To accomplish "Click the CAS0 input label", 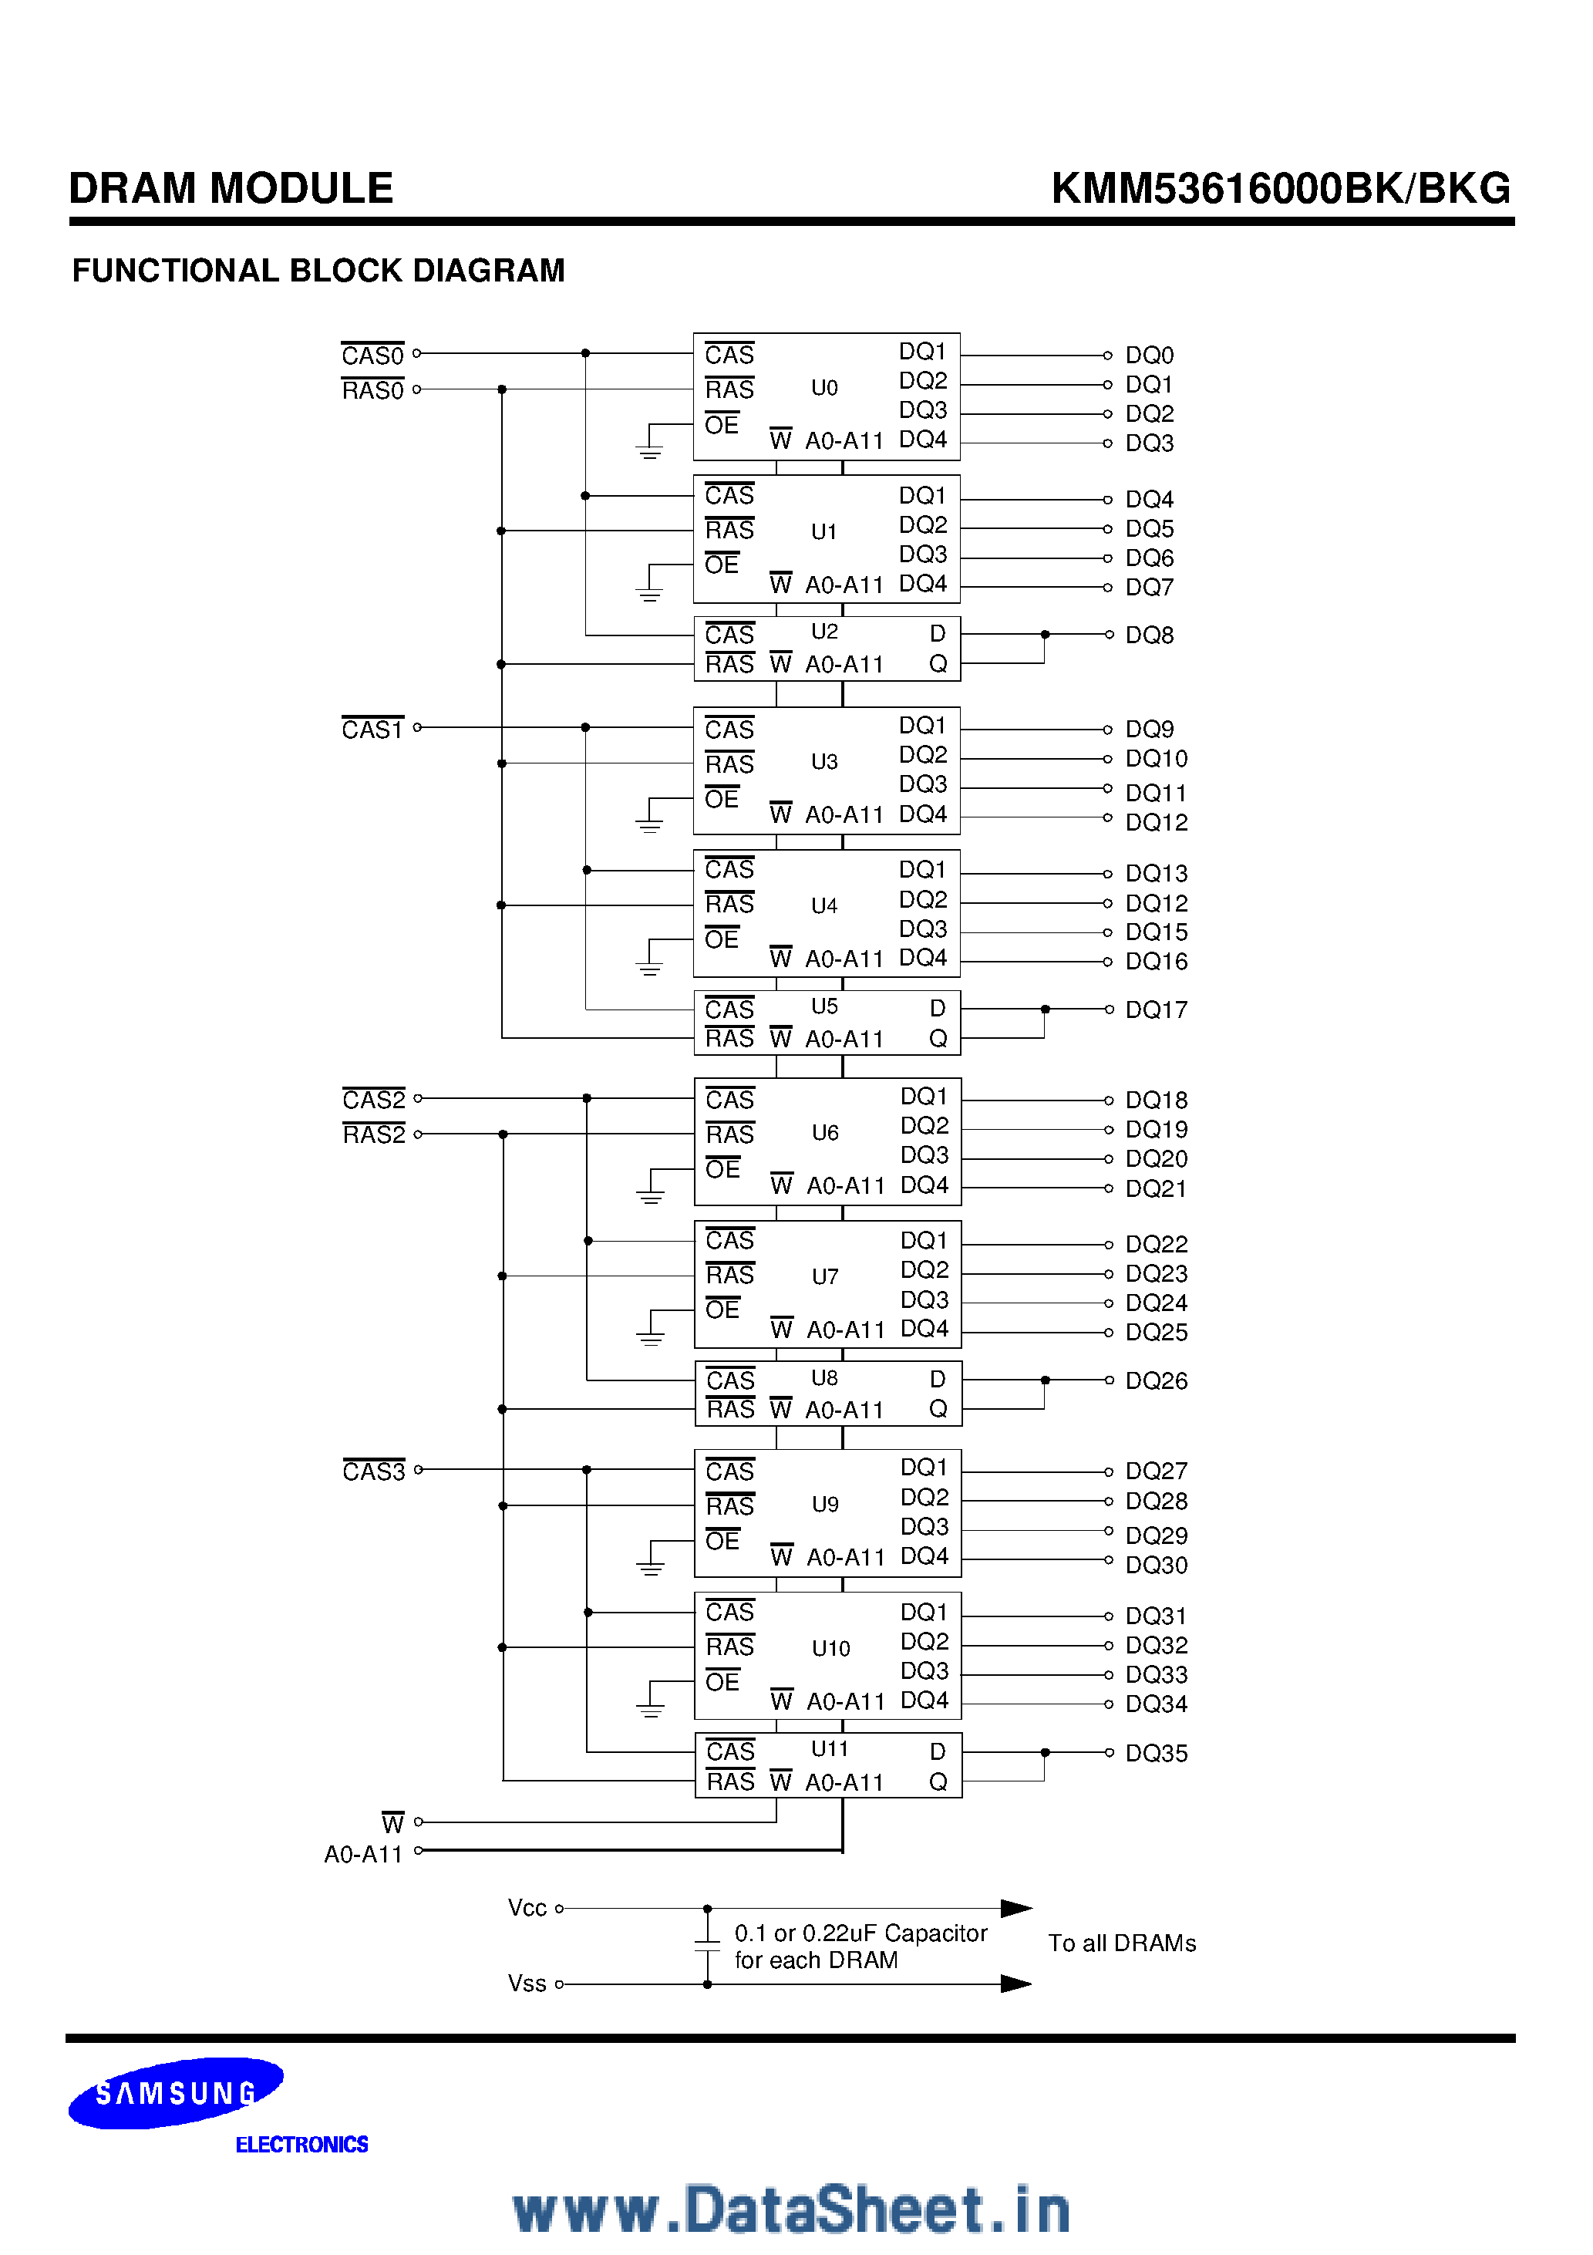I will pyautogui.click(x=372, y=355).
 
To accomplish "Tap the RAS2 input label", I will pyautogui.click(x=373, y=1134).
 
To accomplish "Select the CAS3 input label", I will pyautogui.click(x=373, y=1471).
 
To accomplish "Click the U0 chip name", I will pyautogui.click(x=824, y=388).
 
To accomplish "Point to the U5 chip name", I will pyautogui.click(x=824, y=1006).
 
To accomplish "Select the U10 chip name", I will pyautogui.click(x=830, y=1649).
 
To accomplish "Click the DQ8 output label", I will pyautogui.click(x=1149, y=635).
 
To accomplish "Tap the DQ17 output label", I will pyautogui.click(x=1156, y=1010).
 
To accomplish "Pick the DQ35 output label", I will pyautogui.click(x=1156, y=1753).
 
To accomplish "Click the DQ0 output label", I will pyautogui.click(x=1149, y=356).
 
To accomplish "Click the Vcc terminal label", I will pyautogui.click(x=527, y=1908).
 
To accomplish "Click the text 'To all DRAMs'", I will pyautogui.click(x=1122, y=1943).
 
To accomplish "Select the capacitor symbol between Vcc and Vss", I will pyautogui.click(x=707, y=1946).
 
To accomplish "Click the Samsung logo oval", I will pyautogui.click(x=176, y=2092).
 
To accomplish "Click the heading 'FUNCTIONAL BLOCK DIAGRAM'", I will pyautogui.click(x=318, y=270).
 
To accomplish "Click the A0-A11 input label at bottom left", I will pyautogui.click(x=363, y=1854).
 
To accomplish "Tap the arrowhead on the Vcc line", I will pyautogui.click(x=1015, y=1908).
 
